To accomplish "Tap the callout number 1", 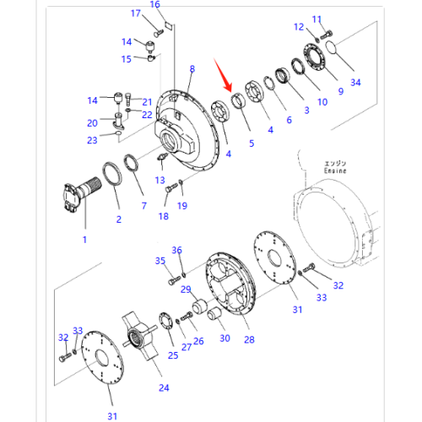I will pyautogui.click(x=84, y=241).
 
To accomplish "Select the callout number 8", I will pyautogui.click(x=192, y=68).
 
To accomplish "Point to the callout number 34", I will pyautogui.click(x=355, y=83).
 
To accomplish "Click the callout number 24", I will pyautogui.click(x=164, y=387).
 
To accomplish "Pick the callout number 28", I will pyautogui.click(x=248, y=340).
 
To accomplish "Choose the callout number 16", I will pyautogui.click(x=154, y=5).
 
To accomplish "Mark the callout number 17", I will pyautogui.click(x=136, y=14).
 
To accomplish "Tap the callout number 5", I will pyautogui.click(x=250, y=144).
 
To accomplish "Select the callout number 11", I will pyautogui.click(x=317, y=19).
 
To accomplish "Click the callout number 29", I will pyautogui.click(x=186, y=289).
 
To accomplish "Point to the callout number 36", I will pyautogui.click(x=176, y=250).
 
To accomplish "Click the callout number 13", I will pyautogui.click(x=160, y=180).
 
